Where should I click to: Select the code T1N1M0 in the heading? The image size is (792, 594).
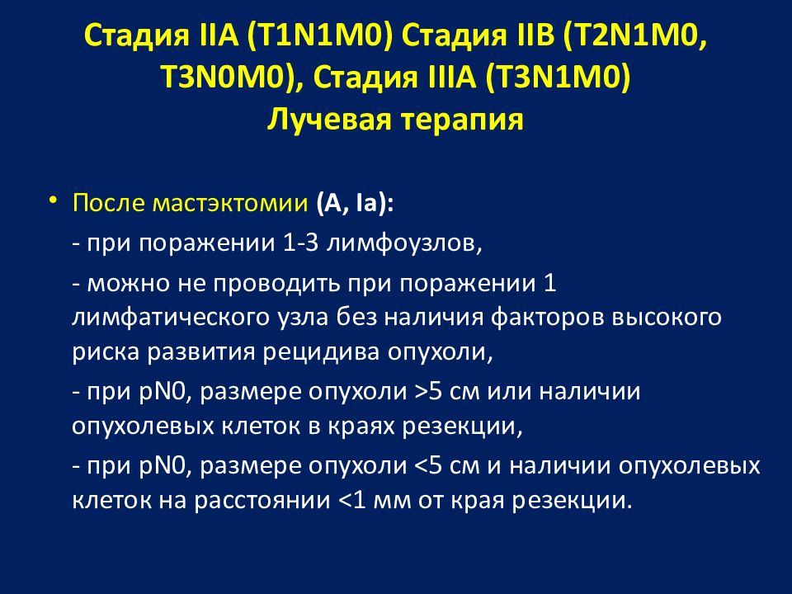coord(326,35)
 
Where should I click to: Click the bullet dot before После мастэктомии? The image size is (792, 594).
coord(53,200)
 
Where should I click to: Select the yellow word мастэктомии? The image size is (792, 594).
coord(230,203)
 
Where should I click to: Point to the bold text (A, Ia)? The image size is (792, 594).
coord(355,204)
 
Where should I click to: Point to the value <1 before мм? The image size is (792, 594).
coord(351,501)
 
